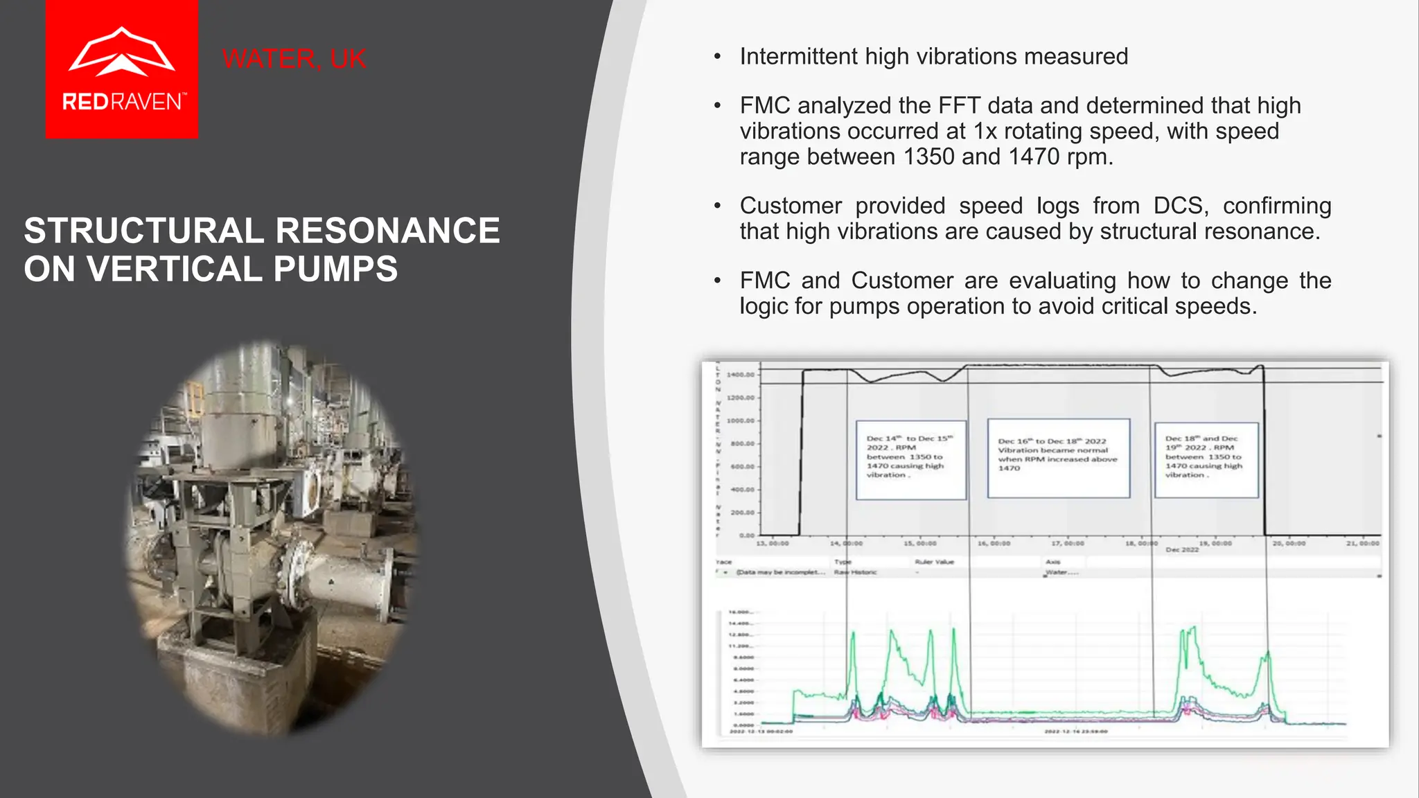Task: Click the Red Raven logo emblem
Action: [x=121, y=51]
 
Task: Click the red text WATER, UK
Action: [x=294, y=59]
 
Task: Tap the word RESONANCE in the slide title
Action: [x=387, y=231]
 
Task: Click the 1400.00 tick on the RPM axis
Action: [x=740, y=375]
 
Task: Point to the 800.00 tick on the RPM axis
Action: [x=742, y=443]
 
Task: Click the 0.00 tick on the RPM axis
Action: [x=746, y=535]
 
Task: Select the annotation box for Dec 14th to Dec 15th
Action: [x=910, y=459]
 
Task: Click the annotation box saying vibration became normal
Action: [x=1058, y=458]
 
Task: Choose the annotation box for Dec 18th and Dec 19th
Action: [x=1206, y=459]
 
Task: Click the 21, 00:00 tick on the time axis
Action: [x=1362, y=544]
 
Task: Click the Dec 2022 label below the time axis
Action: [x=1181, y=550]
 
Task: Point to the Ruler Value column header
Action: [x=934, y=562]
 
